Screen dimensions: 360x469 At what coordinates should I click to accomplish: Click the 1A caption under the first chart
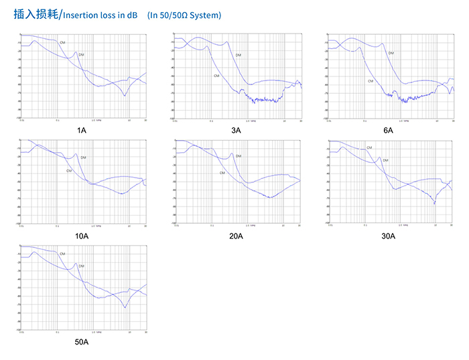click(82, 130)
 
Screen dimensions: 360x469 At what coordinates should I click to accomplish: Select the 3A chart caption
click(236, 130)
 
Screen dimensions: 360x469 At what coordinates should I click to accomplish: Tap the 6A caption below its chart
click(389, 130)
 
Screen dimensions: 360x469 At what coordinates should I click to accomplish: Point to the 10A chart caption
click(82, 236)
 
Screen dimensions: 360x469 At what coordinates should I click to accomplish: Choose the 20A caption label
click(236, 236)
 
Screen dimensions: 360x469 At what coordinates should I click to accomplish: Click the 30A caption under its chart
click(389, 236)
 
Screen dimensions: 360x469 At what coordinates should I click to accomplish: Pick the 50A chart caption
click(82, 342)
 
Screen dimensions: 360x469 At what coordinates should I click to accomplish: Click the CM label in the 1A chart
click(62, 42)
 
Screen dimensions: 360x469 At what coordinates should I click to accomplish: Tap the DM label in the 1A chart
click(81, 54)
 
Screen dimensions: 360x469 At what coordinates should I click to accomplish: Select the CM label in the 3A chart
click(216, 76)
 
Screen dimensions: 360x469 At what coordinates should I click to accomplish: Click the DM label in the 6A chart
click(391, 53)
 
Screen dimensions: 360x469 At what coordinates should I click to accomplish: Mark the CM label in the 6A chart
click(370, 81)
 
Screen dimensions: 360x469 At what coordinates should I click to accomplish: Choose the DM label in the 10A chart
click(83, 158)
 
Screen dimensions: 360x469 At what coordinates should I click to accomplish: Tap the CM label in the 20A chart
click(222, 173)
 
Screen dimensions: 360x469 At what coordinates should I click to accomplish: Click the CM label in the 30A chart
click(368, 147)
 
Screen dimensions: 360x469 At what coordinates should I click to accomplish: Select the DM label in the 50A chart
click(81, 266)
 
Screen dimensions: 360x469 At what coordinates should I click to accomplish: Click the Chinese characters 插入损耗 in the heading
click(36, 14)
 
